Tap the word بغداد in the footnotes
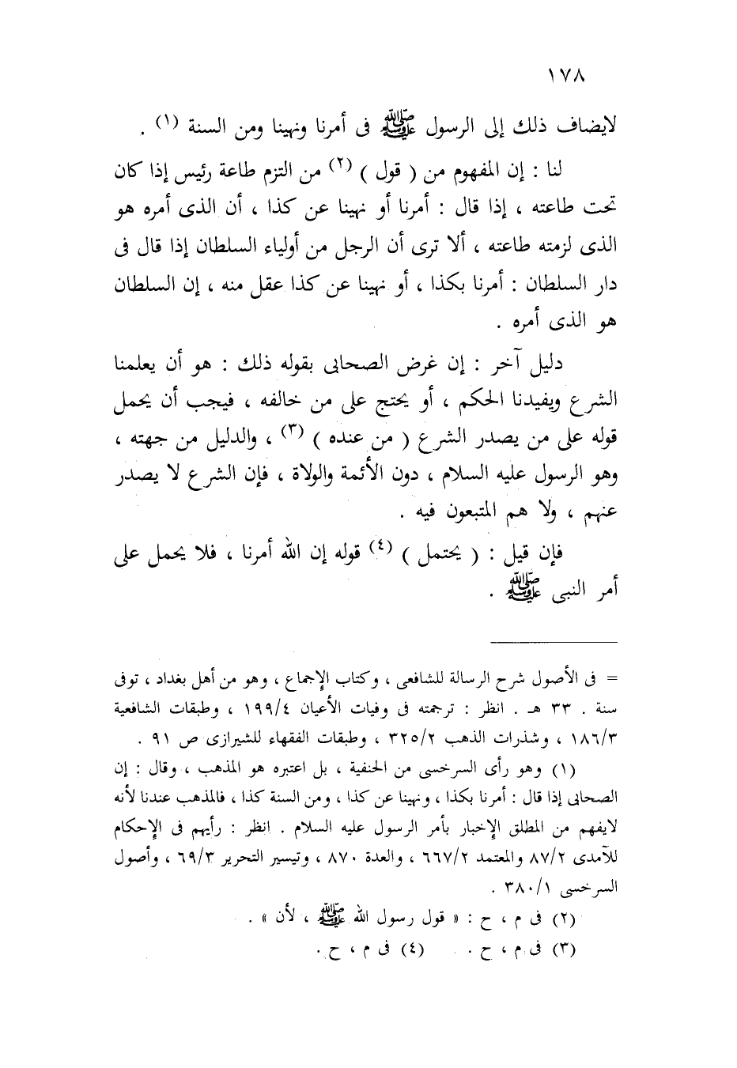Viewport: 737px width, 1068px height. pyautogui.click(x=188, y=678)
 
